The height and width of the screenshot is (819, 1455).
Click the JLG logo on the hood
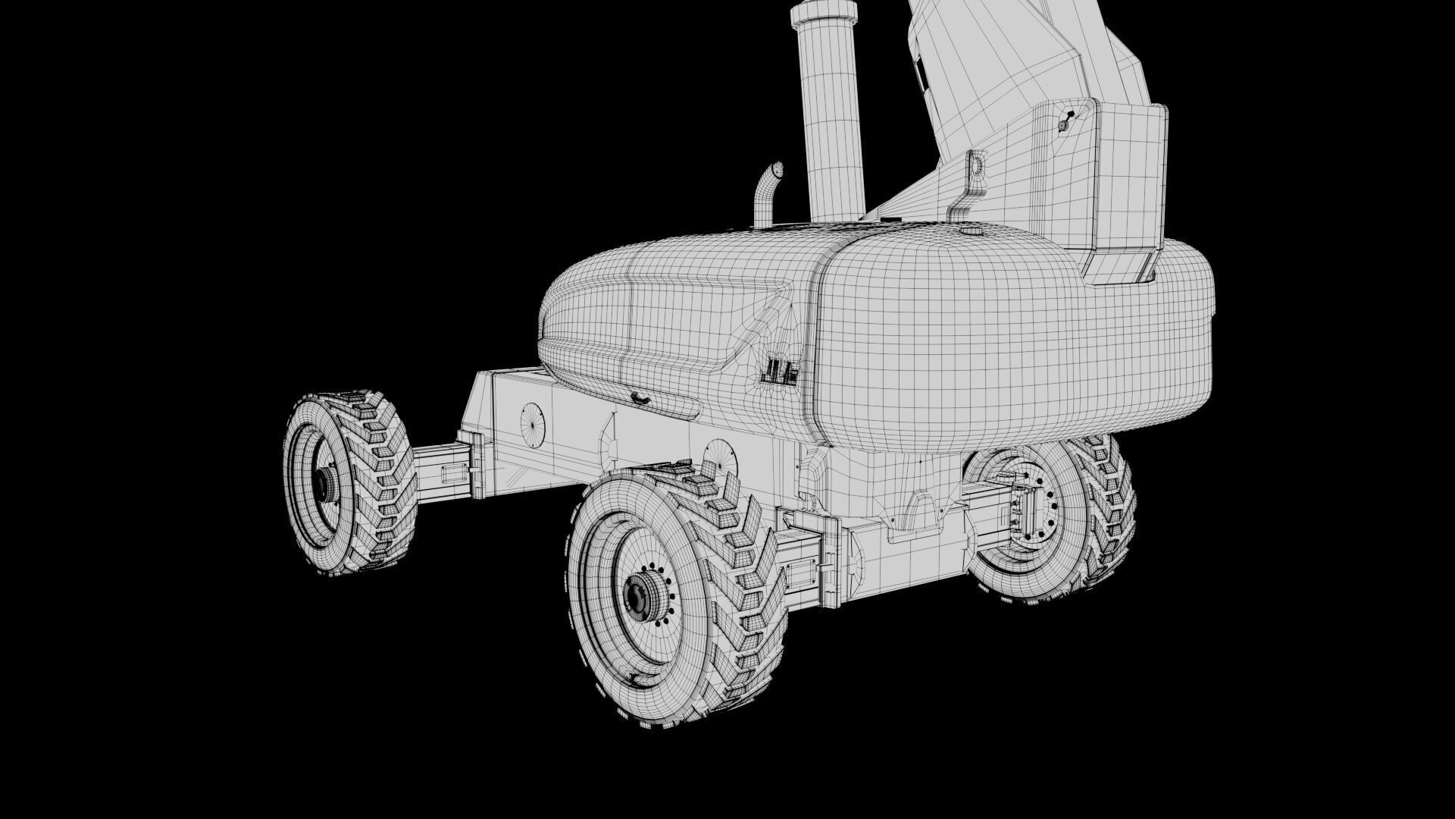coord(780,372)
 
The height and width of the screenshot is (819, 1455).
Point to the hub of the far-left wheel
coord(327,482)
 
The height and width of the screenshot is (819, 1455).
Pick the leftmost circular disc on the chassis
coord(533,425)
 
